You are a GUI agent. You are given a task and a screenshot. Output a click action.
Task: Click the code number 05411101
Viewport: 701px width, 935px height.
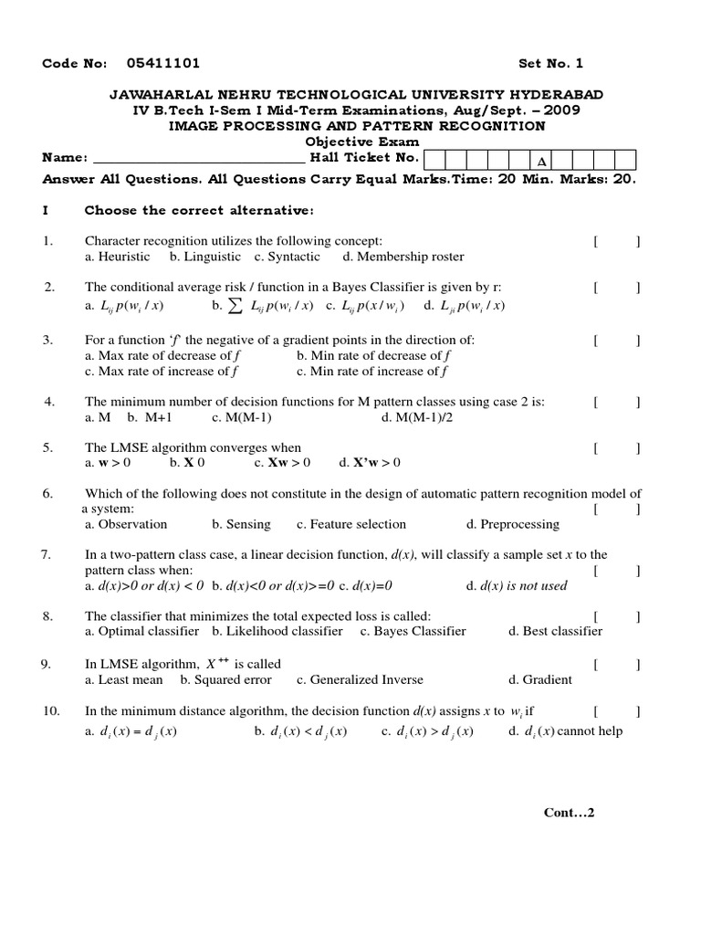click(163, 63)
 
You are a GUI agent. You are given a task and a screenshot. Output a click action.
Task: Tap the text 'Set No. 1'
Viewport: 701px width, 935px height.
click(550, 63)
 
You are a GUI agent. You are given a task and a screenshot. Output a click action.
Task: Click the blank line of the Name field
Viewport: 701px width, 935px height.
click(198, 158)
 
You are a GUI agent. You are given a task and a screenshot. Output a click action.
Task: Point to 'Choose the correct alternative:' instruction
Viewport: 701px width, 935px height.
click(199, 210)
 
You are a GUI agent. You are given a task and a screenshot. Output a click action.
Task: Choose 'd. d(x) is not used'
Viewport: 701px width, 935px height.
click(517, 585)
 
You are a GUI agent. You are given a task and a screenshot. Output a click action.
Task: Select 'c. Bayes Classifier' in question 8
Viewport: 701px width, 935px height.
click(413, 631)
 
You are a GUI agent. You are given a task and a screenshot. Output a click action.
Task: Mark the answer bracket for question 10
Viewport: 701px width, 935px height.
click(616, 711)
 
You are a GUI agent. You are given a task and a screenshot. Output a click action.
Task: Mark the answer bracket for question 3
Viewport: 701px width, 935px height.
click(616, 340)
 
